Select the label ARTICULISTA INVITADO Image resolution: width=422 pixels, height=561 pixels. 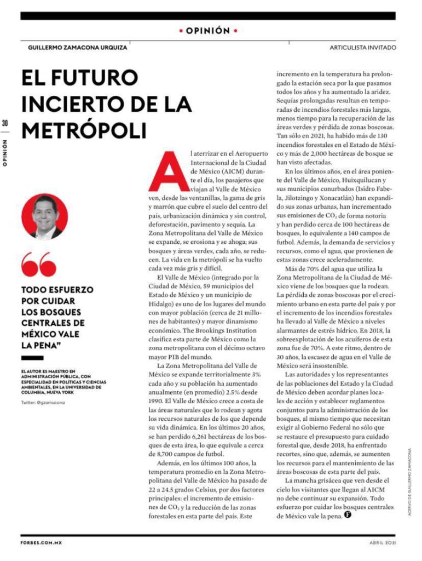[x=362, y=48]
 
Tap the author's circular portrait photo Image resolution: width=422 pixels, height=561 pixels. [x=45, y=216]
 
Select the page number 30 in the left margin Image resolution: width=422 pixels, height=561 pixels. [x=5, y=123]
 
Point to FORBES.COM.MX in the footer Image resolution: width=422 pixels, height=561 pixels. [x=41, y=542]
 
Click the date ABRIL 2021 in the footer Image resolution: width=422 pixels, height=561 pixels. [x=382, y=542]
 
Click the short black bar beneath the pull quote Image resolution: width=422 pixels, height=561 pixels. [x=32, y=358]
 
